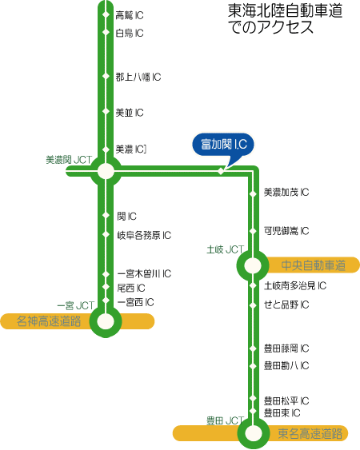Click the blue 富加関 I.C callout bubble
point(223,145)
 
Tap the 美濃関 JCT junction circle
point(106,171)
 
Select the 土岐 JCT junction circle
point(253,265)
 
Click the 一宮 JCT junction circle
point(106,321)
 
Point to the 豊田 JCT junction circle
point(254,432)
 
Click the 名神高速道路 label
point(49,321)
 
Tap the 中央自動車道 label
point(314,265)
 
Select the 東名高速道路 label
point(310,433)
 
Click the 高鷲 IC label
point(130,15)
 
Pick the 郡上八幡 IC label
point(138,77)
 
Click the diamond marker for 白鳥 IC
point(106,32)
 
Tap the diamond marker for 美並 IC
point(106,111)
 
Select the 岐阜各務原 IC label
point(144,235)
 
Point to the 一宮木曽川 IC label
point(144,274)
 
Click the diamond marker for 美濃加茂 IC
point(253,194)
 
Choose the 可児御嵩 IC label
point(286,231)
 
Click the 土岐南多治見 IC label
point(295,285)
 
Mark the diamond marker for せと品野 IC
point(253,305)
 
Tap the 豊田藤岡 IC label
point(286,348)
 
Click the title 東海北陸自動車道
point(285,11)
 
